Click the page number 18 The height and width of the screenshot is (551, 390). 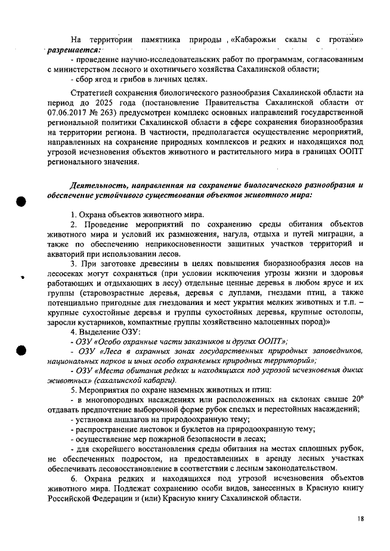[361, 519]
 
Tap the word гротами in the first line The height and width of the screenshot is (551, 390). [346, 40]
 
